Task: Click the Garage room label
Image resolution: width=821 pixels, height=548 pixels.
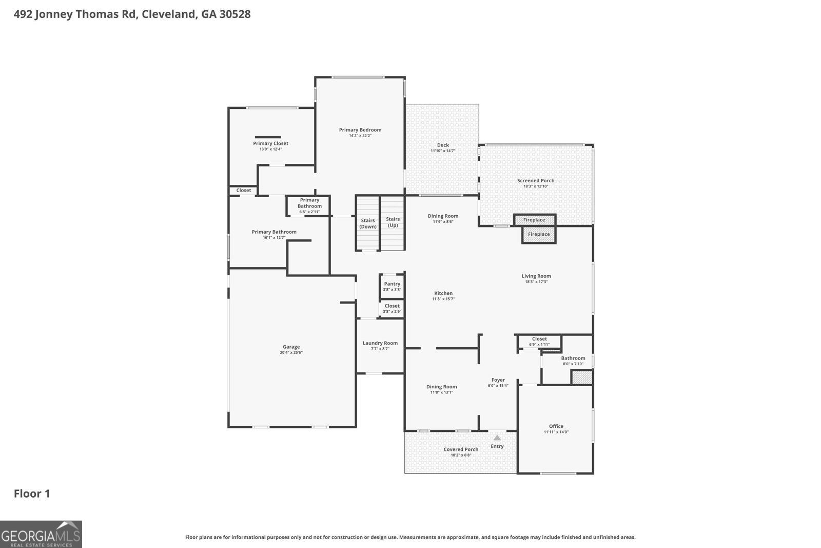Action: click(x=291, y=347)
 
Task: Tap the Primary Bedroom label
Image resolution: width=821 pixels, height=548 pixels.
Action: click(x=360, y=130)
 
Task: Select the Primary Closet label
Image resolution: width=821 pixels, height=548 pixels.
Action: click(x=270, y=143)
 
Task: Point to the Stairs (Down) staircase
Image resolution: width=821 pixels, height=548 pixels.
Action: click(x=367, y=223)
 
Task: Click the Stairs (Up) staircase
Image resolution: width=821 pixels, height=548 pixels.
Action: click(x=393, y=223)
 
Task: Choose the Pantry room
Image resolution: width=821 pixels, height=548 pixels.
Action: click(x=392, y=286)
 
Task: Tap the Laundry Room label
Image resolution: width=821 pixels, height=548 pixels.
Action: click(x=380, y=343)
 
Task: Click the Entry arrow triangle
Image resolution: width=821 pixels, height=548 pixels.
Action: click(x=497, y=438)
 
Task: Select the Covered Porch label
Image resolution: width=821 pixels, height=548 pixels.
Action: click(x=461, y=449)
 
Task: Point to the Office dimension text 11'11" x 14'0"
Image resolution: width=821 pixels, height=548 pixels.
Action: click(x=556, y=432)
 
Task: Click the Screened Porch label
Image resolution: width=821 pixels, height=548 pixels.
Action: click(x=536, y=180)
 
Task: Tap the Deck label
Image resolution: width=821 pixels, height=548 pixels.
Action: click(x=443, y=145)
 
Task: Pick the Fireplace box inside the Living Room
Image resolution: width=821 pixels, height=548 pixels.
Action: click(x=539, y=234)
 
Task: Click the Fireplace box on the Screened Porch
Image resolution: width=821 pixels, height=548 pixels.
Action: click(x=535, y=220)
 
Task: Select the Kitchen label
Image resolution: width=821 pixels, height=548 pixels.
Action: click(x=443, y=293)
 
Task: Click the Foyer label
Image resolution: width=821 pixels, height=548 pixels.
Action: click(x=498, y=380)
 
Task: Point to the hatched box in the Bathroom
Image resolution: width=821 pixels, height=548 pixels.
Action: click(x=582, y=377)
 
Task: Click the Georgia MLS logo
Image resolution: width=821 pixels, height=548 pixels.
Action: click(x=41, y=534)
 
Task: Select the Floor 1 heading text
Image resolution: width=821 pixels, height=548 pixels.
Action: click(x=32, y=494)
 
